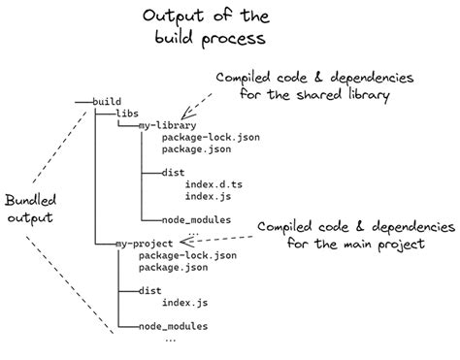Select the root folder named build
tap(106, 102)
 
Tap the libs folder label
tap(127, 114)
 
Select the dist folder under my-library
tap(151, 173)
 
